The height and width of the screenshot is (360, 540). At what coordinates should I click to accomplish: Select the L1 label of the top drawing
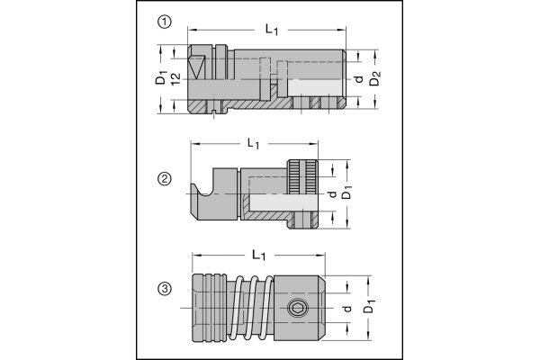coord(272,30)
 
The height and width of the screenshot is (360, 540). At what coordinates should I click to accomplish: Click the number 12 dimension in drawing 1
coord(176,82)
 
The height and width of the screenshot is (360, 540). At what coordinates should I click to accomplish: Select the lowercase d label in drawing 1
coord(359,81)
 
